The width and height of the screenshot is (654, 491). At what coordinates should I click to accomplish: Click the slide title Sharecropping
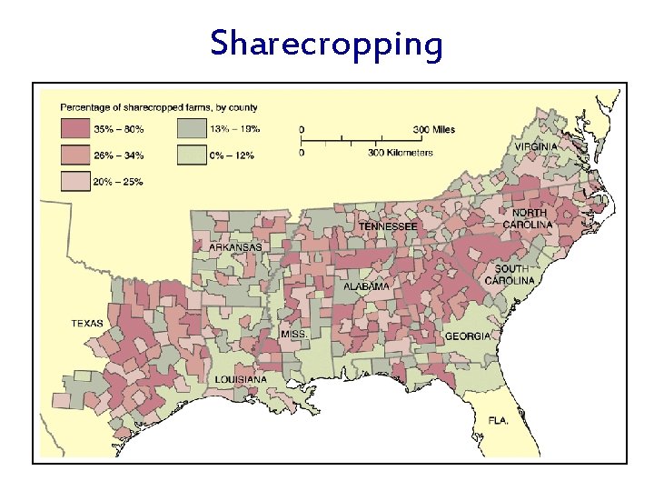point(326,43)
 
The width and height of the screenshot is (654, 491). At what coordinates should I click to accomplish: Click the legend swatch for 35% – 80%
point(74,129)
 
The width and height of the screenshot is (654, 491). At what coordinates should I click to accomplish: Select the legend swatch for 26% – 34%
point(74,155)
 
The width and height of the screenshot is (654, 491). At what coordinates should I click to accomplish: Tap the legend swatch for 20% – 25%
point(74,180)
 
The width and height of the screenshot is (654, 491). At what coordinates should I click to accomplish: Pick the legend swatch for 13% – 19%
point(192,129)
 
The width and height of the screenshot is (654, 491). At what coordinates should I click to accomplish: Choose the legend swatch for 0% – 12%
point(192,155)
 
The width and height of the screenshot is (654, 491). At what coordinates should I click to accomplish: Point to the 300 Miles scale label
point(434,130)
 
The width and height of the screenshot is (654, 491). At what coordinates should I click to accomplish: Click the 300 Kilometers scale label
point(401,153)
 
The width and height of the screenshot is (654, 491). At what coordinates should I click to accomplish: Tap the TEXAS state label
point(88,324)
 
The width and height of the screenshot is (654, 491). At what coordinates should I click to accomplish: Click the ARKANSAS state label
point(236,247)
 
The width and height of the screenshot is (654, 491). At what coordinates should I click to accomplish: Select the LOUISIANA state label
point(241,379)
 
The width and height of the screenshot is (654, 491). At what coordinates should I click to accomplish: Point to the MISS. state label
point(294,335)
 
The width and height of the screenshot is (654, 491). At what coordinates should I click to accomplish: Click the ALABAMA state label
point(366,286)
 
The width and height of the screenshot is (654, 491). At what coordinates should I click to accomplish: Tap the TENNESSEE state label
point(388,225)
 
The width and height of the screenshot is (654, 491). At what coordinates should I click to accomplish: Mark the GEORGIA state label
point(468,336)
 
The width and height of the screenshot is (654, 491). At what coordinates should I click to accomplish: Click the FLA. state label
point(497,421)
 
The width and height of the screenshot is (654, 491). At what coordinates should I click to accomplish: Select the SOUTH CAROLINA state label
point(514,275)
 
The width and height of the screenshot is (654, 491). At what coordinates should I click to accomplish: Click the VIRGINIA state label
point(538,146)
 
